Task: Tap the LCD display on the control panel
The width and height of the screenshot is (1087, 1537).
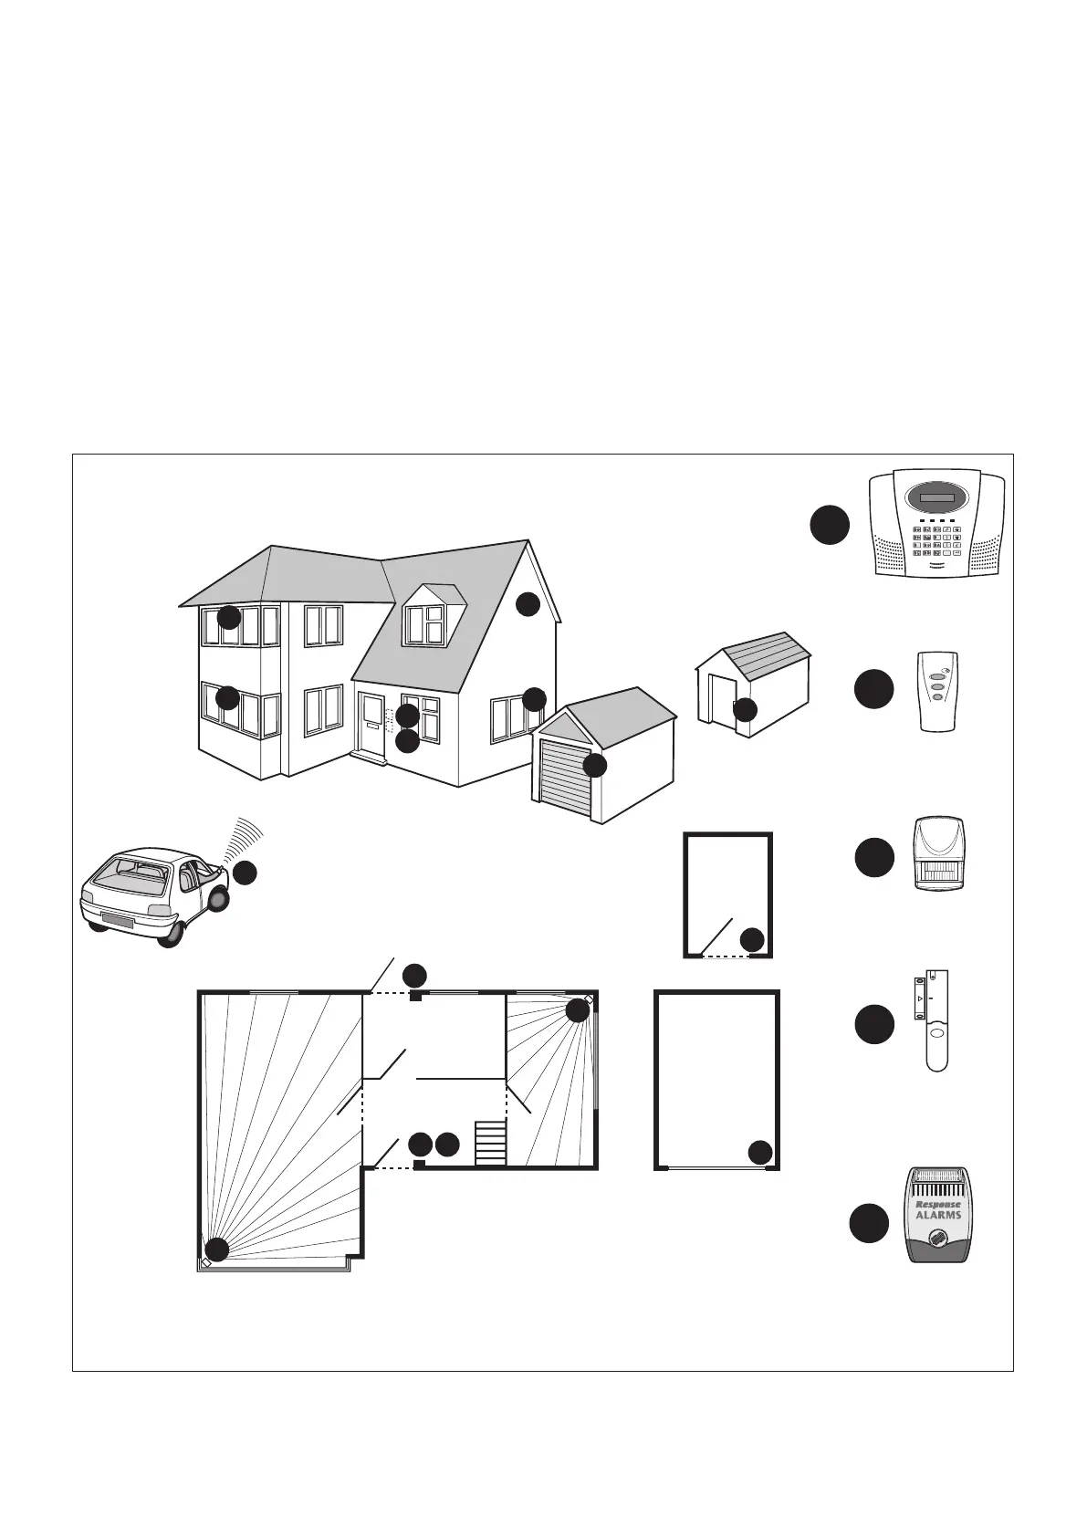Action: pyautogui.click(x=937, y=499)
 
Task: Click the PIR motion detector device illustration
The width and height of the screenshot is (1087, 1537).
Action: pyautogui.click(x=940, y=853)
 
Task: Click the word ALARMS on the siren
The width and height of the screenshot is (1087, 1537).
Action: pyautogui.click(x=938, y=1215)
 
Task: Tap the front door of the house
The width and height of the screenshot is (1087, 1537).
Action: pyautogui.click(x=372, y=723)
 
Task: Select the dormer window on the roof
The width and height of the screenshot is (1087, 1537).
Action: pyautogui.click(x=426, y=624)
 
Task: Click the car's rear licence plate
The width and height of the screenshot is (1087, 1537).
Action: pyautogui.click(x=117, y=921)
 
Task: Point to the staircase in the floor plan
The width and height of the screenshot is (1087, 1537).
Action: pyautogui.click(x=490, y=1144)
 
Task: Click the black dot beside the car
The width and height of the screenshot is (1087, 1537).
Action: pyautogui.click(x=244, y=873)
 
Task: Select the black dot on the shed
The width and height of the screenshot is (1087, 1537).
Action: pyautogui.click(x=745, y=709)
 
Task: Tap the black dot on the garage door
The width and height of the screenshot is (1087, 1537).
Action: pyautogui.click(x=594, y=765)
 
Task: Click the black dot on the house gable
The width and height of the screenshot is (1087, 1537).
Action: pyautogui.click(x=528, y=603)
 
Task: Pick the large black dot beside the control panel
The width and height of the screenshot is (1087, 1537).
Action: pyautogui.click(x=830, y=526)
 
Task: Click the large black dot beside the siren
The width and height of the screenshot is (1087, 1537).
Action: pyautogui.click(x=868, y=1225)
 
